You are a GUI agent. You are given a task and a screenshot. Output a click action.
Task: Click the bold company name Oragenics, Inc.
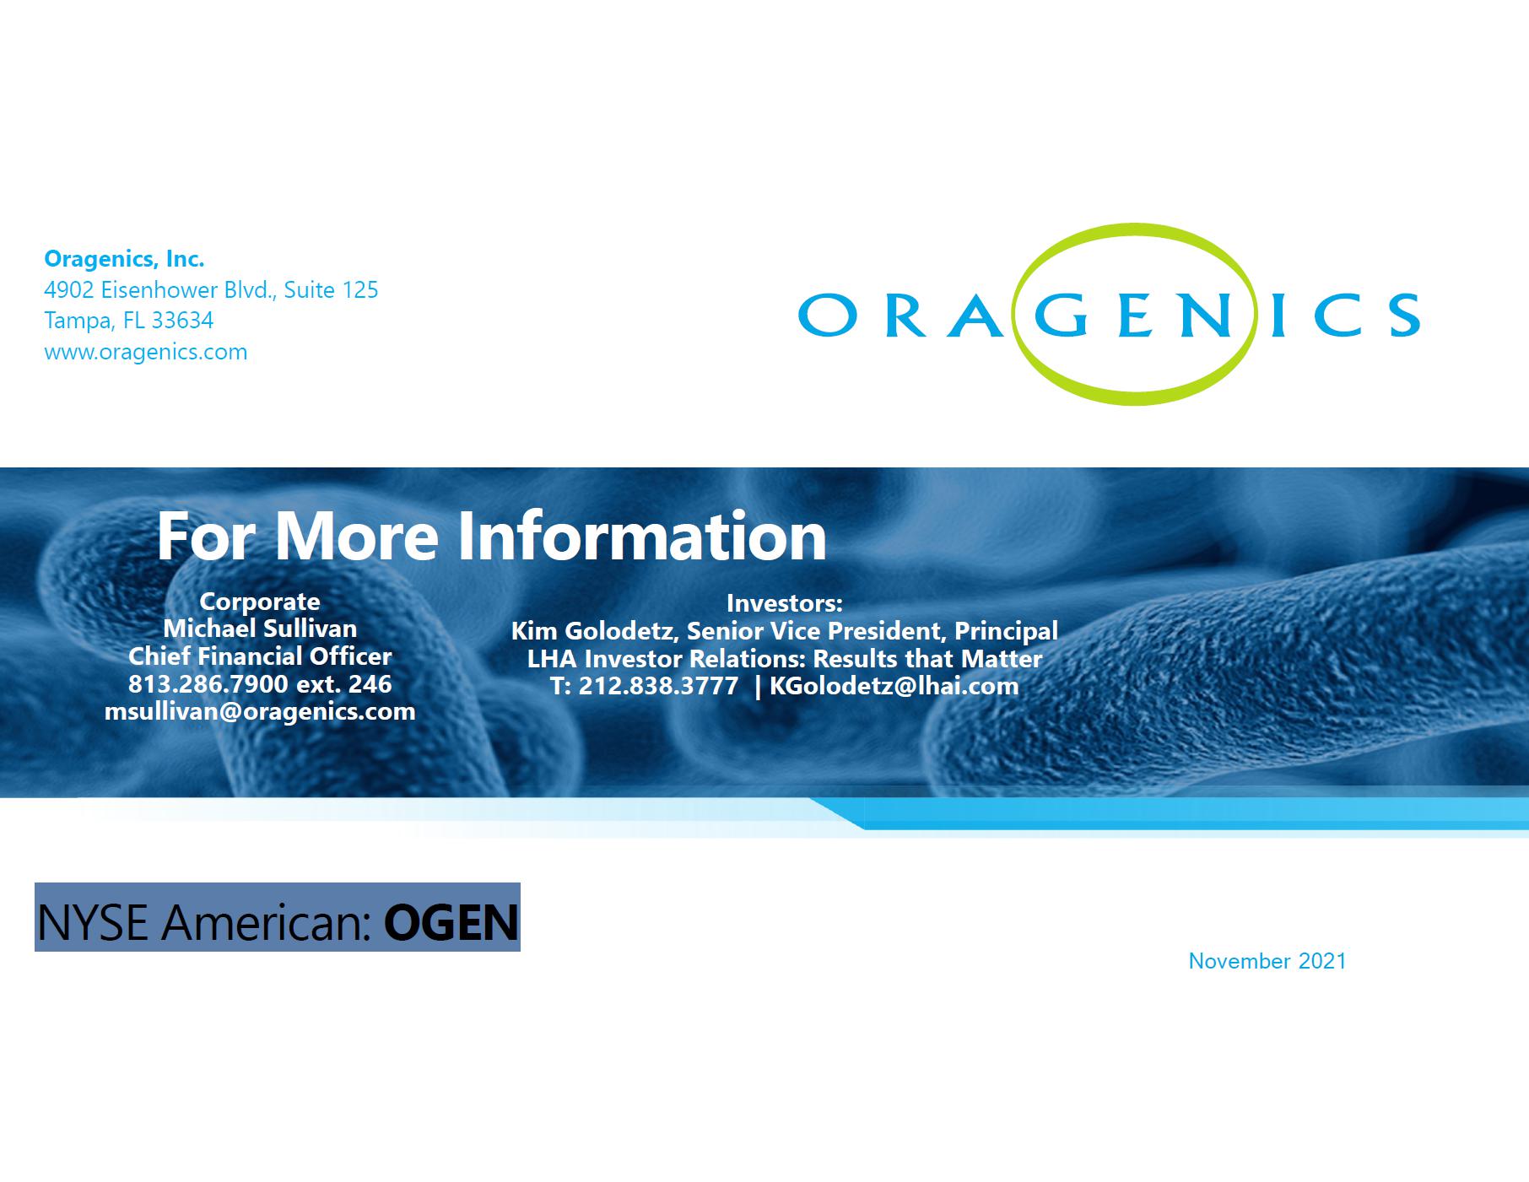coord(124,258)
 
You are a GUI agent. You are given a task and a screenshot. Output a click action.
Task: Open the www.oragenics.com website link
coord(146,352)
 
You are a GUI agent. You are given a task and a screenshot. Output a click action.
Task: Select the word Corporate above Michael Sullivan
coord(260,602)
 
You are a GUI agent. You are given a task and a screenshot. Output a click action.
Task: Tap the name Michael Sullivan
coord(260,629)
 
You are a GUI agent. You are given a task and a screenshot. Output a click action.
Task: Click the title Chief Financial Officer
coord(260,656)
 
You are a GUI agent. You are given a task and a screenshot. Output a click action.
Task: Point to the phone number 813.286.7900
coord(208,683)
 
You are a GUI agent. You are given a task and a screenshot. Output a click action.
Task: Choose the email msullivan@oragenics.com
coord(260,711)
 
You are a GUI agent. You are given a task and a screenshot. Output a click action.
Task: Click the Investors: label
coord(785,603)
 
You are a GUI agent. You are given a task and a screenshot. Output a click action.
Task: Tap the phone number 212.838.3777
coord(658,686)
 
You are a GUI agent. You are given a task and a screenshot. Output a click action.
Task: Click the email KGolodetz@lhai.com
coord(894,686)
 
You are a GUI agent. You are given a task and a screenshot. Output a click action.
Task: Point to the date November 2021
coord(1267,961)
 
